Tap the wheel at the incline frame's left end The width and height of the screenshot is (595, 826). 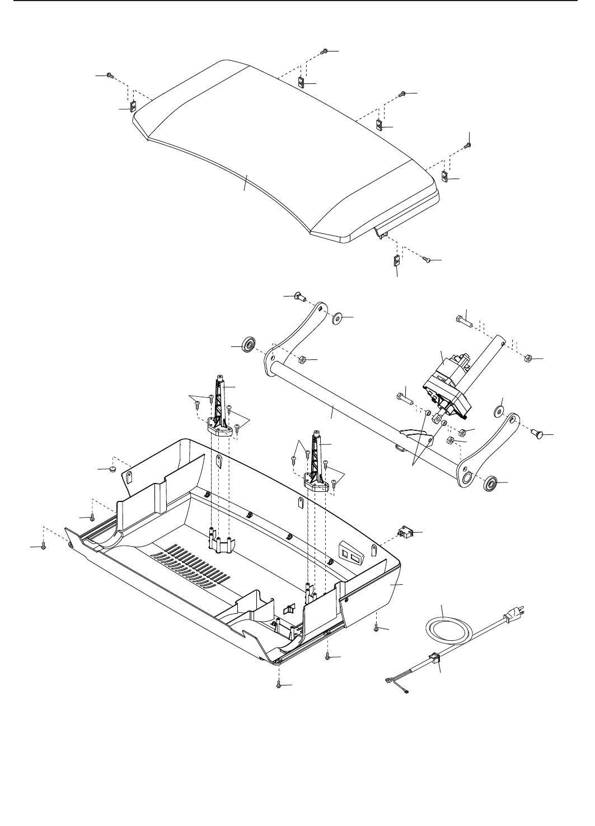247,344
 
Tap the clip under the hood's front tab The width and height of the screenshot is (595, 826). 396,260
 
